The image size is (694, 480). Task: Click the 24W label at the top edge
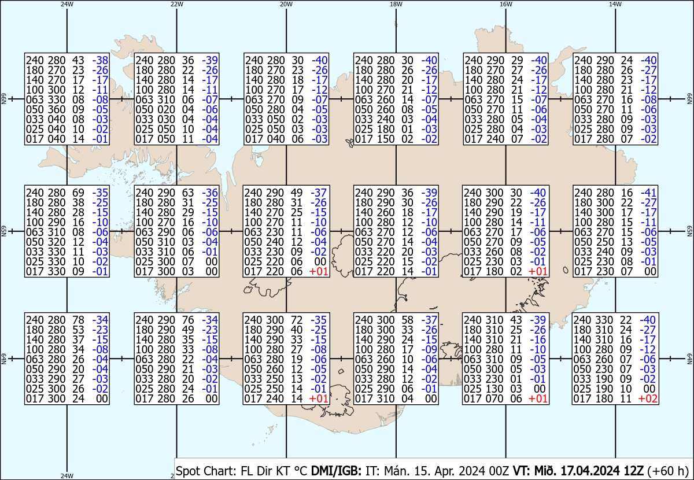click(67, 4)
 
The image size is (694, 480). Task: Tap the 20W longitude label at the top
click(286, 4)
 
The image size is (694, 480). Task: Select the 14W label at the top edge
click(615, 4)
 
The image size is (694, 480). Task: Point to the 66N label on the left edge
click(3, 99)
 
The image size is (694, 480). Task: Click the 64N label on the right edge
click(689, 359)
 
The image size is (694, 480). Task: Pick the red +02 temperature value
click(648, 398)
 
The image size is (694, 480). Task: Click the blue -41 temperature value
click(648, 193)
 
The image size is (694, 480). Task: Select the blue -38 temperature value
click(100, 60)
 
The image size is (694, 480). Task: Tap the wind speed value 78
click(79, 320)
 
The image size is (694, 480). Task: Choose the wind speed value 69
click(79, 193)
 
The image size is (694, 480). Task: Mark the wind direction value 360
click(57, 109)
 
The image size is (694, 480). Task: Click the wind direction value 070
click(494, 398)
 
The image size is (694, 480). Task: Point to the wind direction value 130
click(494, 389)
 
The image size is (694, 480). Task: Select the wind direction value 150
click(386, 139)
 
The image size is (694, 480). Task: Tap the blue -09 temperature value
click(429, 349)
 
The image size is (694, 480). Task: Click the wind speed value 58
click(407, 320)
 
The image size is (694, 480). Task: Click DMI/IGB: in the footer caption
click(336, 471)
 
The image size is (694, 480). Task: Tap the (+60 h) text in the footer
click(667, 471)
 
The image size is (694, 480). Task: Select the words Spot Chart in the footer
click(206, 471)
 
